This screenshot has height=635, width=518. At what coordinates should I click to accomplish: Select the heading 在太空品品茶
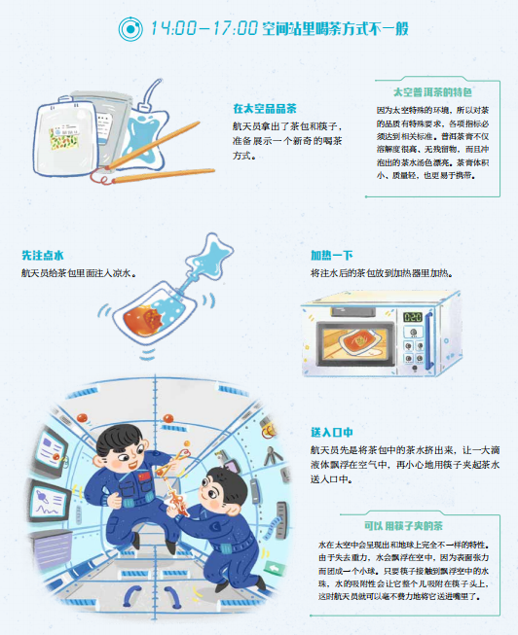pos(264,108)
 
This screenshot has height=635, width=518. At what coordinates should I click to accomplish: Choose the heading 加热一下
pos(333,256)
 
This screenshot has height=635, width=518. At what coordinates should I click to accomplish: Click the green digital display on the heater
pos(413,317)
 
